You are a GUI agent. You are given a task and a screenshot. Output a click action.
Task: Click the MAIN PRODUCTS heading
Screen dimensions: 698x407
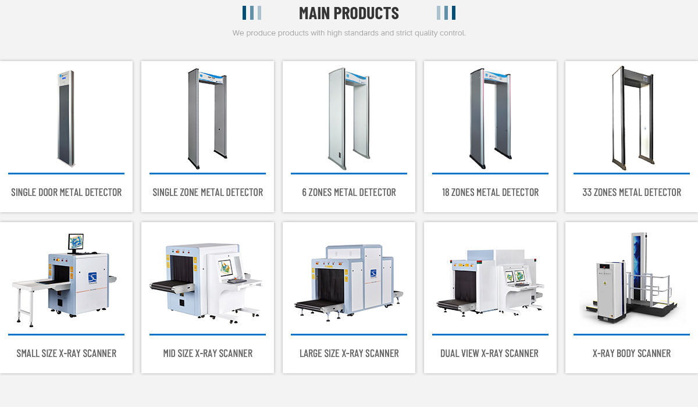point(348,13)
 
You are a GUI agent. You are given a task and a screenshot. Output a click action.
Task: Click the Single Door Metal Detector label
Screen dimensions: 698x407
point(66,192)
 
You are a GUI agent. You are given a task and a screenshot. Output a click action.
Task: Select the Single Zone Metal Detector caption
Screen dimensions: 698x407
point(208,192)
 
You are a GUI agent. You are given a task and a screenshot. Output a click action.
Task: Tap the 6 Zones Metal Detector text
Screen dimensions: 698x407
point(349,192)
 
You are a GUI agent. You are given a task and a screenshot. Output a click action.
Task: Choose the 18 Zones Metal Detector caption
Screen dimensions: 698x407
point(490,192)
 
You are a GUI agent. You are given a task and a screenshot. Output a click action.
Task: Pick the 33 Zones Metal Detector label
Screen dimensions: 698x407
point(632,192)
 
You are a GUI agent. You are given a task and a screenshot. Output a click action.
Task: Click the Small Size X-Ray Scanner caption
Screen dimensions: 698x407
point(66,354)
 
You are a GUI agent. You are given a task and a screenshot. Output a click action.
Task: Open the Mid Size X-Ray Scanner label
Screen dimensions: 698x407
point(208,354)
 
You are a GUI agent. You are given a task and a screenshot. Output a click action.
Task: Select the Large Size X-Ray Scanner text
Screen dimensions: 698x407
point(349,354)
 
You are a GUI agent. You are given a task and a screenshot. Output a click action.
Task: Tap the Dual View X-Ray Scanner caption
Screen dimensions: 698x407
point(490,354)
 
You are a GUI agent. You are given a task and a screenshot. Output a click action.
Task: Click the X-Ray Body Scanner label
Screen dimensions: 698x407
point(632,354)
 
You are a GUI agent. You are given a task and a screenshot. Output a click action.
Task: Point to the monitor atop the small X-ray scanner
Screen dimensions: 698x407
point(76,241)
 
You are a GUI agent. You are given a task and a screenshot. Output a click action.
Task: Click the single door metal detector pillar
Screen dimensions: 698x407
point(66,119)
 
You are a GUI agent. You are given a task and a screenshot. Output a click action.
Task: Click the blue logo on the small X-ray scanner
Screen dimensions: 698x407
point(92,278)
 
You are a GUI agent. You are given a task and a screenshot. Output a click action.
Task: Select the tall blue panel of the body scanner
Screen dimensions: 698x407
point(637,262)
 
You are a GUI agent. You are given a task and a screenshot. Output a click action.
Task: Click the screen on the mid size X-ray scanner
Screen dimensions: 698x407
point(226,267)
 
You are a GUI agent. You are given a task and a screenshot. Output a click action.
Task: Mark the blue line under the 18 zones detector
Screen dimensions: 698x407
point(490,173)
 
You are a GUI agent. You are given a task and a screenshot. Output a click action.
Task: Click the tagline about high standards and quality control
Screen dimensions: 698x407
point(349,33)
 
